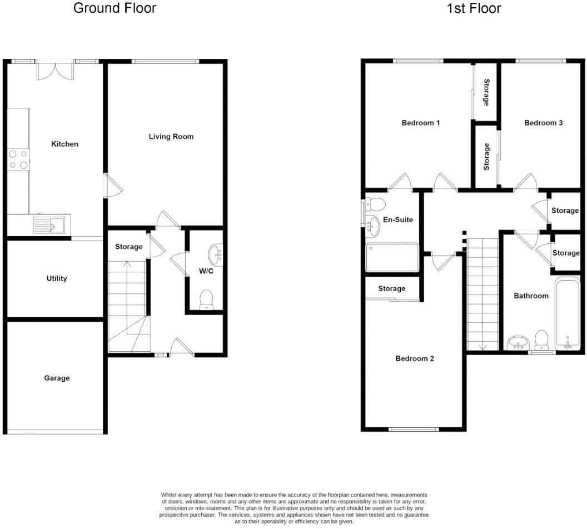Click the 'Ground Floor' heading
[x=115, y=8]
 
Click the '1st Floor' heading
[x=473, y=8]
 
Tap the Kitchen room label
[x=65, y=144]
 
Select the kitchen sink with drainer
[x=49, y=225]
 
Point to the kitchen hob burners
[x=18, y=159]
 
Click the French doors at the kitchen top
[x=55, y=71]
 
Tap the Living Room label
[x=171, y=136]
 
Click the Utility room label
[x=57, y=278]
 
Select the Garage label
[x=57, y=378]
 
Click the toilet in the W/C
[x=206, y=299]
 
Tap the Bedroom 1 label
[x=421, y=122]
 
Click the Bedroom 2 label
[x=415, y=358]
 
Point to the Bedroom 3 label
[x=544, y=122]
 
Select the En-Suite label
[x=399, y=219]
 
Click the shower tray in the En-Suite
[x=392, y=257]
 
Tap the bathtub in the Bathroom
[x=568, y=314]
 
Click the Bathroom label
[x=531, y=296]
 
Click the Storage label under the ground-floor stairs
[x=129, y=247]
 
